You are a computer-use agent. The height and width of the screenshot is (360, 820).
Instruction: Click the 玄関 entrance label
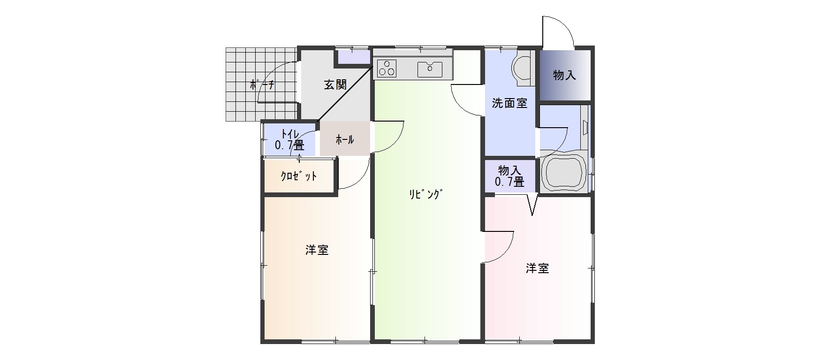point(335,85)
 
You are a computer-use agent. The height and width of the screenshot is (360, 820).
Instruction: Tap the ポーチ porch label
point(262,85)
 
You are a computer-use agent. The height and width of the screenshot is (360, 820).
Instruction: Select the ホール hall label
point(344,139)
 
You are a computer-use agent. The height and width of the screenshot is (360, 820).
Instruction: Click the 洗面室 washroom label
point(509,103)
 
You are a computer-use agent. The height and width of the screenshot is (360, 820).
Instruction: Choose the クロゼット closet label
point(299,176)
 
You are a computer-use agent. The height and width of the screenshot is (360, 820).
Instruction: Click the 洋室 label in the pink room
point(537,268)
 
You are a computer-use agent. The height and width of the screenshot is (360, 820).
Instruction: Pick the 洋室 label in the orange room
point(317,250)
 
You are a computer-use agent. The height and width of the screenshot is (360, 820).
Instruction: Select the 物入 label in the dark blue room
point(564,75)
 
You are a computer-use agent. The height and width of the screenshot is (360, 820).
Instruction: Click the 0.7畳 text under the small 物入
point(510,182)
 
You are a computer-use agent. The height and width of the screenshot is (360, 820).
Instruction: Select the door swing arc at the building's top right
point(561,28)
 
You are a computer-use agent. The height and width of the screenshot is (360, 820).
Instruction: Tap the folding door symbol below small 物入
point(532,205)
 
